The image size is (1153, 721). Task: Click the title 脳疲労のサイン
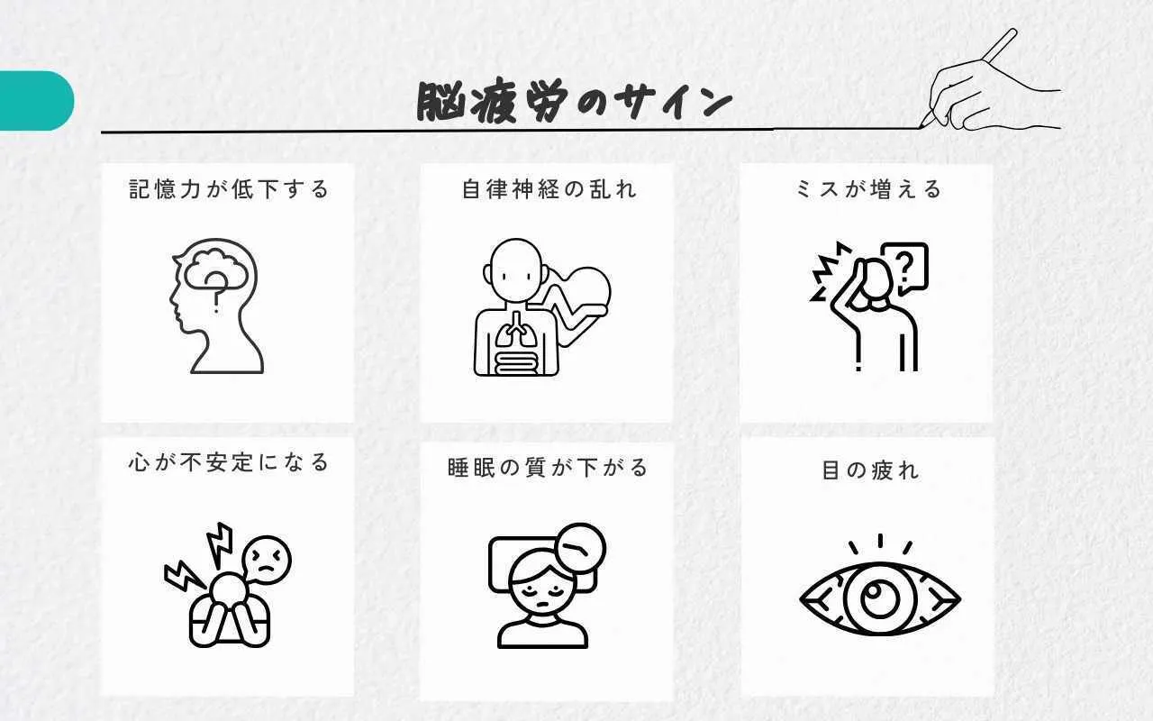574,102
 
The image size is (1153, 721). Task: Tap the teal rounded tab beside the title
36,101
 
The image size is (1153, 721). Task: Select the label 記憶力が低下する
229,189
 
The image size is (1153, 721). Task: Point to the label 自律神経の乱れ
549,189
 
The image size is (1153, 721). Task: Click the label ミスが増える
869,189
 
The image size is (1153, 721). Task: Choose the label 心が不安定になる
229,462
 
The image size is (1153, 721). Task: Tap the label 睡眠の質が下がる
548,468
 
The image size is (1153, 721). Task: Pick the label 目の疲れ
870,470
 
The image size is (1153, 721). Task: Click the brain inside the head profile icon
215,269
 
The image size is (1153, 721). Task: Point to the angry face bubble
266,561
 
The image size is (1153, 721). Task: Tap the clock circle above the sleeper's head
581,548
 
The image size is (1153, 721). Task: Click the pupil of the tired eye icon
879,599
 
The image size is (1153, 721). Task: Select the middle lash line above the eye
880,541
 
